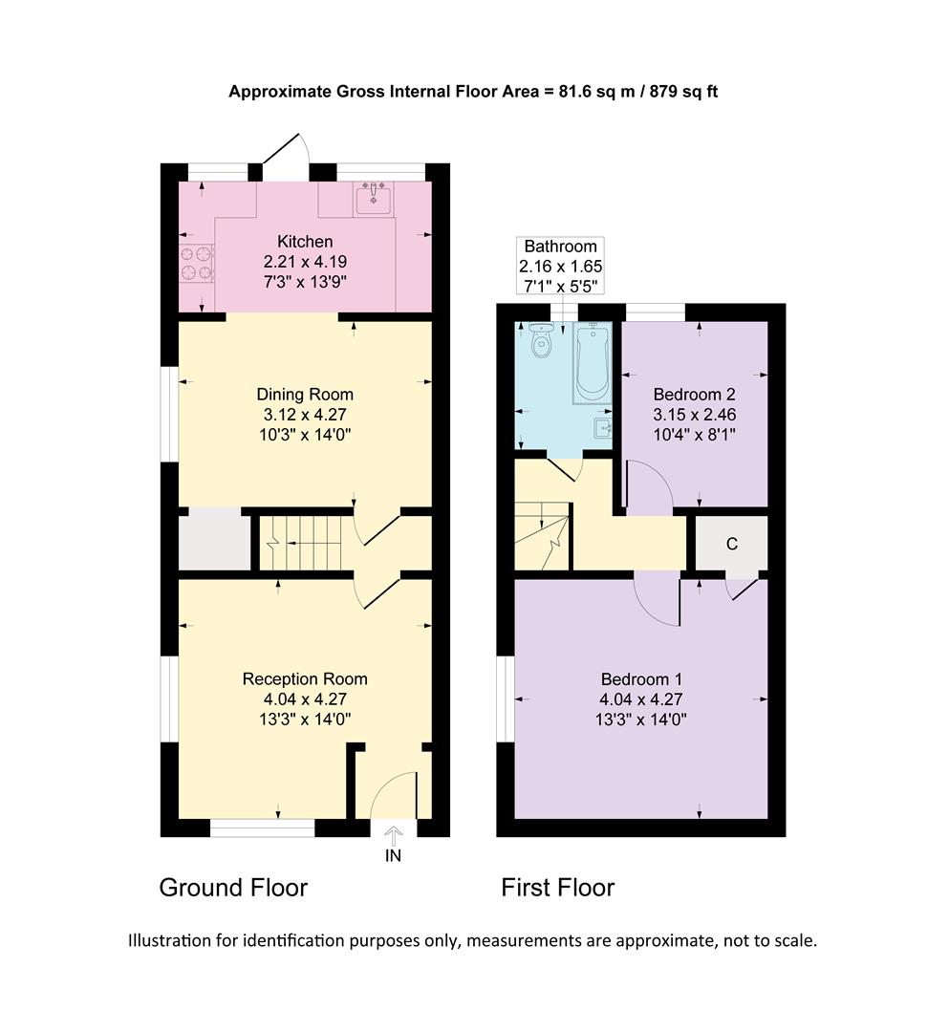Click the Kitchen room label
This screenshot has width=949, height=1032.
pyautogui.click(x=305, y=241)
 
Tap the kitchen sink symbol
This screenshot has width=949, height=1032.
pyautogui.click(x=373, y=200)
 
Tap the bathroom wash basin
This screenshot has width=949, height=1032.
pyautogui.click(x=603, y=426)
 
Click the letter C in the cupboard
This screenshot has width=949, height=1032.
pyautogui.click(x=731, y=544)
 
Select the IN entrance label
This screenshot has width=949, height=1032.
pyautogui.click(x=393, y=856)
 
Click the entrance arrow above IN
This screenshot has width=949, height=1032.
pyautogui.click(x=393, y=832)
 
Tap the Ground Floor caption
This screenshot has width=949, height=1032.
pyautogui.click(x=233, y=888)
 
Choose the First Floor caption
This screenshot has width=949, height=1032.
pyautogui.click(x=558, y=888)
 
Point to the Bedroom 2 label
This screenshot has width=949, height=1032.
pyautogui.click(x=694, y=394)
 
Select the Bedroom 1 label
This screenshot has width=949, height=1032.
pyautogui.click(x=641, y=679)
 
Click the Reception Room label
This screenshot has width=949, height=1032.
pyautogui.click(x=305, y=679)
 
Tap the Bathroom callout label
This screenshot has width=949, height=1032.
pyautogui.click(x=560, y=247)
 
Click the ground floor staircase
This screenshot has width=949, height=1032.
pyautogui.click(x=300, y=545)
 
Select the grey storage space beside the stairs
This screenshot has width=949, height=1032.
pyautogui.click(x=215, y=540)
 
